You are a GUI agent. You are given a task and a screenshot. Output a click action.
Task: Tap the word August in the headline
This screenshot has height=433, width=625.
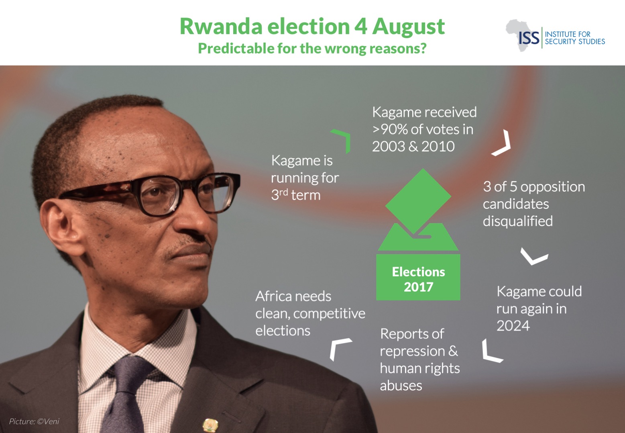tap(409, 27)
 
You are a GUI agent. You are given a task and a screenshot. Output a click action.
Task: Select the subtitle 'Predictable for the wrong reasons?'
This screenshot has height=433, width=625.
tap(312, 49)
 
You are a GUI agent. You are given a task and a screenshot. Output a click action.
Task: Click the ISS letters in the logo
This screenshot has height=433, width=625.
tap(529, 39)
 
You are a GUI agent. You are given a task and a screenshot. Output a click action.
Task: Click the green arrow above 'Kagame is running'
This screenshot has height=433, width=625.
tap(342, 140)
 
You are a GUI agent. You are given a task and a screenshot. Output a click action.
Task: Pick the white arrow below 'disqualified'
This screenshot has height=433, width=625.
tap(534, 257)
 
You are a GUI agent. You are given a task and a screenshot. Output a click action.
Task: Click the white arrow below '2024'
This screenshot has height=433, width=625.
tap(491, 352)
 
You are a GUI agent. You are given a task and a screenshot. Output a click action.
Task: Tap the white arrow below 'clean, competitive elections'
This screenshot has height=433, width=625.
tap(338, 348)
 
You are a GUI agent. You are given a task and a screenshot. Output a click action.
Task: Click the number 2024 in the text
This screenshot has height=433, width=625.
tap(513, 326)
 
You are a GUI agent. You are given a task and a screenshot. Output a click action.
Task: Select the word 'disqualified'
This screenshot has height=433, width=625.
tap(517, 221)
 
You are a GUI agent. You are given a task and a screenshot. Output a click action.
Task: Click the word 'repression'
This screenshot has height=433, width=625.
tap(412, 351)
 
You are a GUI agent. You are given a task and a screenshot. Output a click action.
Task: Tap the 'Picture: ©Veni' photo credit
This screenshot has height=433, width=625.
tap(34, 421)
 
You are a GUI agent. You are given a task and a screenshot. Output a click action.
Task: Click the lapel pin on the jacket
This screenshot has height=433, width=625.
tap(210, 425)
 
